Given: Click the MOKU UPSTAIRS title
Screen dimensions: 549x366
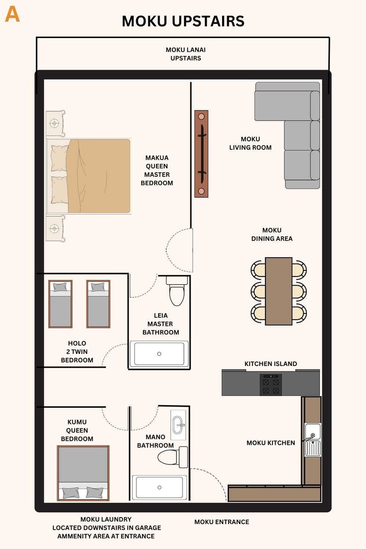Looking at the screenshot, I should pyautogui.click(x=183, y=21).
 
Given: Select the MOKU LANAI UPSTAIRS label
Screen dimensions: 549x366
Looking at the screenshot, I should pyautogui.click(x=186, y=54).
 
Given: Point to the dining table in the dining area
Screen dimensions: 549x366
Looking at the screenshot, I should pyautogui.click(x=279, y=291).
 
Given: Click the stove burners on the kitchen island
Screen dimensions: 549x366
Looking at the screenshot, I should pyautogui.click(x=270, y=384).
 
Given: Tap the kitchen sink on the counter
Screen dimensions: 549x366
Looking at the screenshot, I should pyautogui.click(x=313, y=440).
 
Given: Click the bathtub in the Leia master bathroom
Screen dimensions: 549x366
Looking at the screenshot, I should pyautogui.click(x=159, y=354).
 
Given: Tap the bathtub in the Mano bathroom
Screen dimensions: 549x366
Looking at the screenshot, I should pyautogui.click(x=160, y=487).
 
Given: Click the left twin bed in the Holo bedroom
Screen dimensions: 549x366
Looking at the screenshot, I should pyautogui.click(x=60, y=304).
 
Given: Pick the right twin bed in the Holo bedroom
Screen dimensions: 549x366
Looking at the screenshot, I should pyautogui.click(x=98, y=304).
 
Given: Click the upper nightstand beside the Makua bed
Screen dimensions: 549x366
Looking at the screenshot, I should pyautogui.click(x=55, y=124).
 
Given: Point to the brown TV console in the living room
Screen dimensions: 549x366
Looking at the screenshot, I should pyautogui.click(x=201, y=154).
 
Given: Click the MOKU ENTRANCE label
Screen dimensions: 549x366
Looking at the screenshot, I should pyautogui.click(x=222, y=522).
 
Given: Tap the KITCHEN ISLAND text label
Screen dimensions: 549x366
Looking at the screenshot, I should pyautogui.click(x=270, y=364).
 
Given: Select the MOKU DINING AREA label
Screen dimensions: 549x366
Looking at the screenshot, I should pyautogui.click(x=272, y=234).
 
